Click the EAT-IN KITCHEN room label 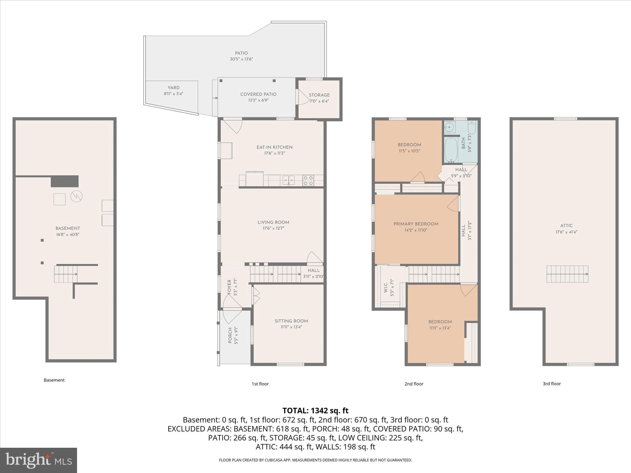coord(274,147)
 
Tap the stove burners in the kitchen coord(308,180)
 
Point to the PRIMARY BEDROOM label coord(416,224)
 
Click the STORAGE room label coord(319,95)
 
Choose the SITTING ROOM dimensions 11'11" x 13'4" coord(291,327)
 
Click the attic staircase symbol coord(567,274)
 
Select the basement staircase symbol coord(66,274)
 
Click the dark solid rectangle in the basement coord(64,181)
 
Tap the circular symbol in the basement coord(76,196)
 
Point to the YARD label coord(173,88)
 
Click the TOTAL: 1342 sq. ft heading coord(315,410)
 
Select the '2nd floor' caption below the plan coord(414,384)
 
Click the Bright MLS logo coord(39,460)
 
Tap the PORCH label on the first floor coord(230,335)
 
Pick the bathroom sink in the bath coord(450,127)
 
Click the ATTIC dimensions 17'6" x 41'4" coord(566,232)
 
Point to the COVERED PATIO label coord(258,94)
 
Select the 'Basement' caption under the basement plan coord(54,380)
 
